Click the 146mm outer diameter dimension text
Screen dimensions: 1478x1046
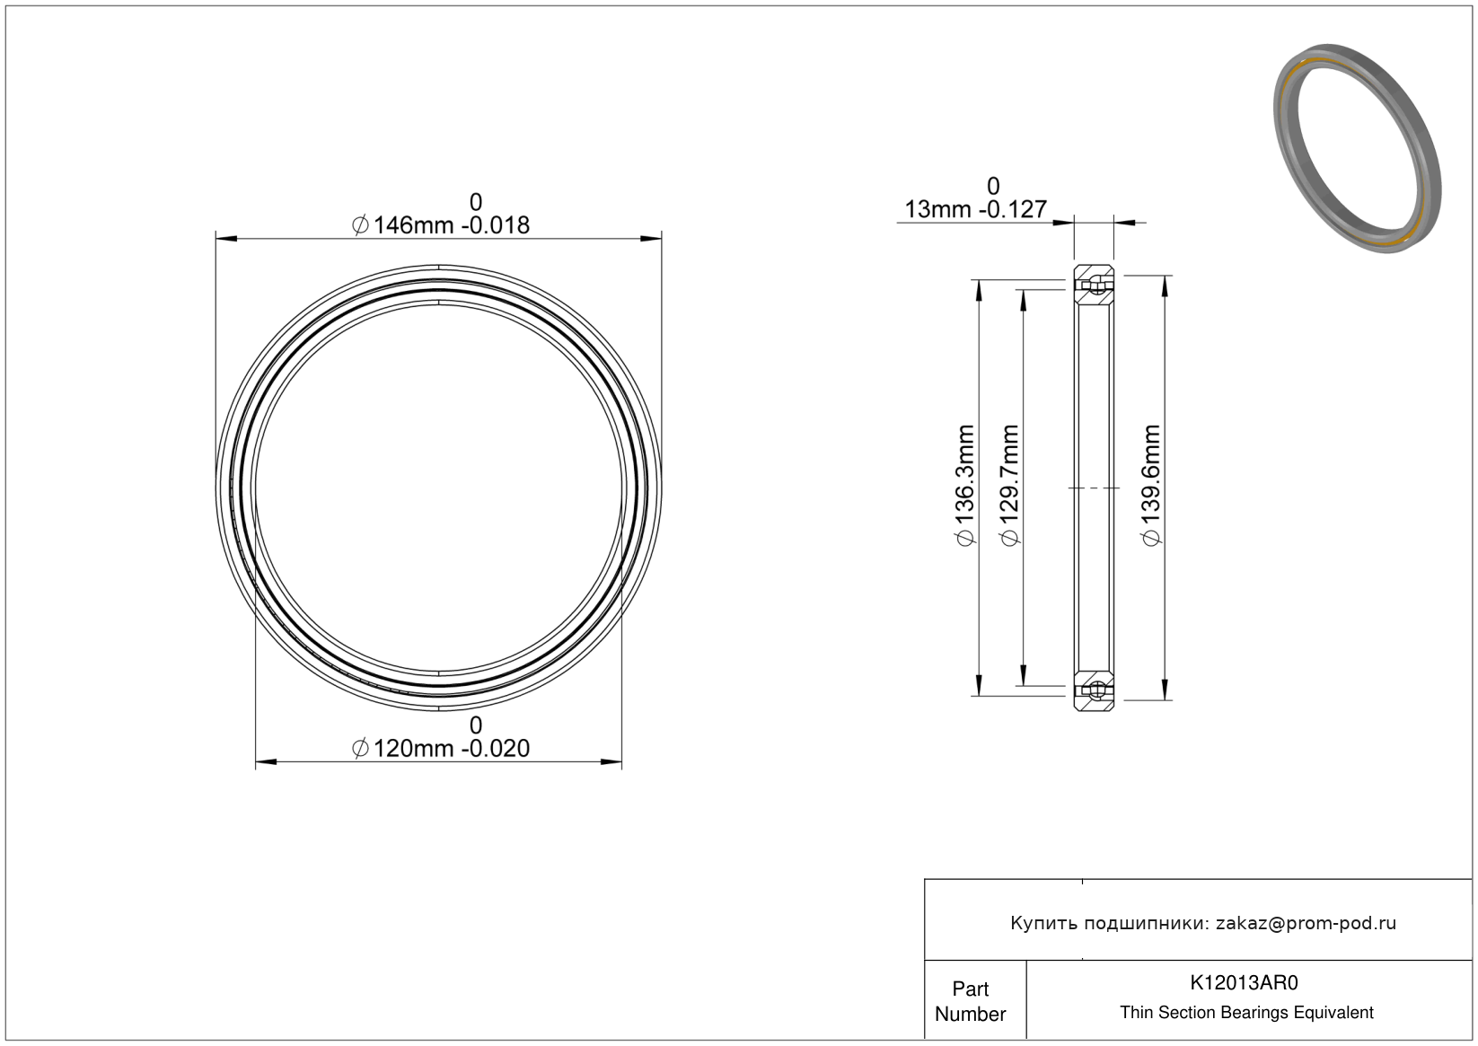point(441,225)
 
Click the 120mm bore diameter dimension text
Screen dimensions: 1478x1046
point(441,749)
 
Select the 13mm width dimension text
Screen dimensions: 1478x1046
point(975,209)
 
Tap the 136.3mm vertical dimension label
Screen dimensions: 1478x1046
point(964,486)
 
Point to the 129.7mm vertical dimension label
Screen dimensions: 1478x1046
point(1009,486)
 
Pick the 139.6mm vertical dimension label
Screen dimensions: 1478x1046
point(1151,486)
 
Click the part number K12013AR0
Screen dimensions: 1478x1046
point(1244,982)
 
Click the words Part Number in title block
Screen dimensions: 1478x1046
point(970,1001)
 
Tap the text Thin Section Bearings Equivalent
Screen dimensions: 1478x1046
point(1246,1013)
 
